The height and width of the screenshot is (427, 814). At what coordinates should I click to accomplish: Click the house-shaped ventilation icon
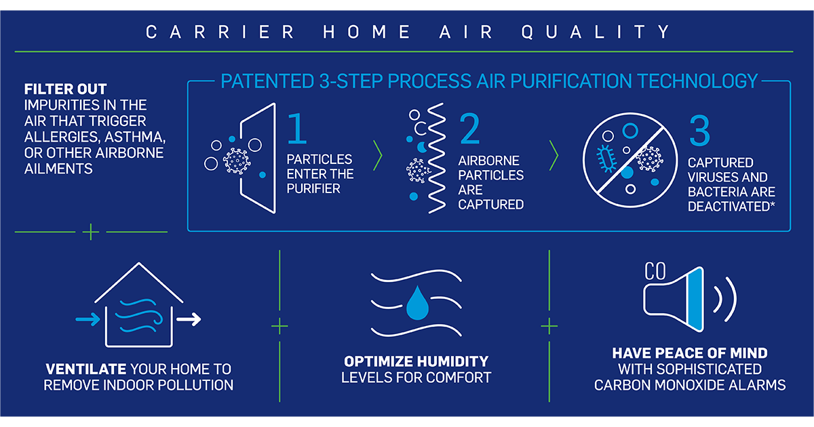coord(138,305)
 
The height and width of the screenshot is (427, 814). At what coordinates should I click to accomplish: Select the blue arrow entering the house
coord(88,319)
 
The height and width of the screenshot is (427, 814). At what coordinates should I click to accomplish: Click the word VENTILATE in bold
coord(86,369)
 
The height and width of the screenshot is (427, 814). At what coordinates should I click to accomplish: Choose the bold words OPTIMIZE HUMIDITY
coord(416,361)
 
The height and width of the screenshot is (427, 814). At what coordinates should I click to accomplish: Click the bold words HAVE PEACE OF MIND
coord(690,353)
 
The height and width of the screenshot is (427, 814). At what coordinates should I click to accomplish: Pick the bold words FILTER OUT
coord(65,89)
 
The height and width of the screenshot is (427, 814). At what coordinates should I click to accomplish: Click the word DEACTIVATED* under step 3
coord(731,207)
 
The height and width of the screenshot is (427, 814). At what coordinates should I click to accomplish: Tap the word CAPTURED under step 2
coord(490,205)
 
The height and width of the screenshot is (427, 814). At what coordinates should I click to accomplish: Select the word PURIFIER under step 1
coord(313,188)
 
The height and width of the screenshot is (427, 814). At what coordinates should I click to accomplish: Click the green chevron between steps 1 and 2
coord(378,156)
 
